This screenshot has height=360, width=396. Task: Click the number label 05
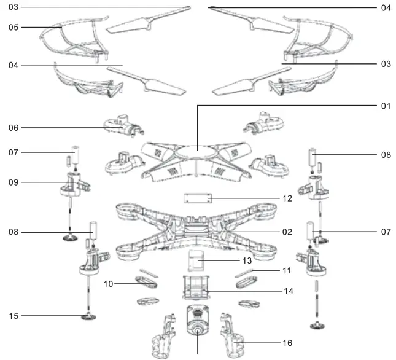(14, 28)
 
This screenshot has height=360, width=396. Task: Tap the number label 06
(14, 128)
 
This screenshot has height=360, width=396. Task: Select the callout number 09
(14, 182)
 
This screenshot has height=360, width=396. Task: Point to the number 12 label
(287, 198)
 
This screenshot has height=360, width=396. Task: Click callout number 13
(247, 260)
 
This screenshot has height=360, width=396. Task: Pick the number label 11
(287, 270)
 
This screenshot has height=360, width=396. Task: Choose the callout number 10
(109, 284)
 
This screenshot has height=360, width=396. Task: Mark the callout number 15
(14, 316)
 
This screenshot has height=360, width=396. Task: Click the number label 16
(287, 343)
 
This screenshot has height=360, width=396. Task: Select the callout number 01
(386, 106)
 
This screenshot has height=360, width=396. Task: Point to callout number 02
(287, 232)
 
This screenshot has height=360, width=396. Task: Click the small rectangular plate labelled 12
(198, 199)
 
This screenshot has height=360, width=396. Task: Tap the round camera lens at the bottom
(198, 331)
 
